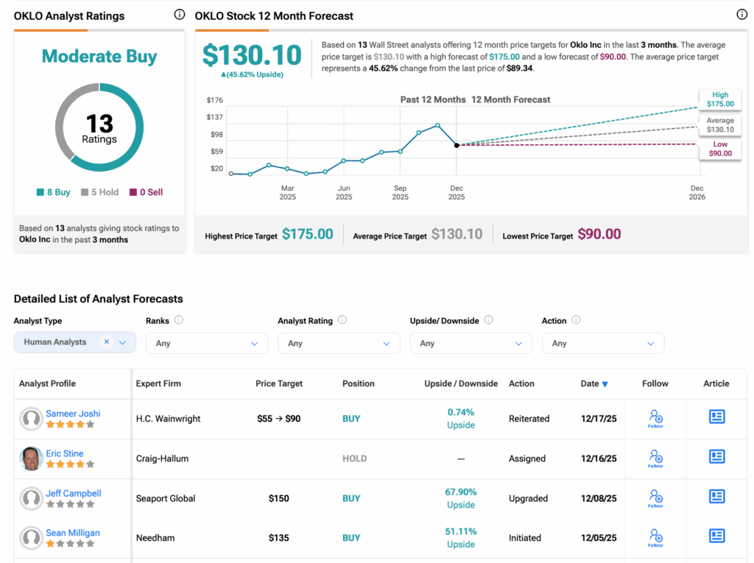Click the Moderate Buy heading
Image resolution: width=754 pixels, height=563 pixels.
click(99, 56)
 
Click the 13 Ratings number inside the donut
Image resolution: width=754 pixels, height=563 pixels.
click(99, 123)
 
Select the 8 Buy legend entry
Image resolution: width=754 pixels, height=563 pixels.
click(53, 192)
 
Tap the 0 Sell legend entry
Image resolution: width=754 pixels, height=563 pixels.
click(146, 192)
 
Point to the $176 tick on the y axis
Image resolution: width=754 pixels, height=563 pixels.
click(215, 100)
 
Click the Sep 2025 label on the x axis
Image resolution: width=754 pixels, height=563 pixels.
click(400, 192)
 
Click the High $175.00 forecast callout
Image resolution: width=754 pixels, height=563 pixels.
click(719, 99)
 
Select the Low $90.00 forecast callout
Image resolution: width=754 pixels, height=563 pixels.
click(719, 149)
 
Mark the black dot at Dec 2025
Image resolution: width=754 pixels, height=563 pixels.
click(457, 145)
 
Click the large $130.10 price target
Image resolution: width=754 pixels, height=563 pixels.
click(252, 56)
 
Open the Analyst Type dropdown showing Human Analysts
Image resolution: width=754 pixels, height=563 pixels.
click(74, 342)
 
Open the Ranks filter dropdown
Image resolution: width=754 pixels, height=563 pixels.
click(207, 343)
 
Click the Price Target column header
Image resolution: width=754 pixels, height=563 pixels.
click(279, 383)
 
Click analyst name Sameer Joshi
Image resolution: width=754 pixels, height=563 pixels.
click(73, 414)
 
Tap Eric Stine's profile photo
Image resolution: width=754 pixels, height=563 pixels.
click(31, 458)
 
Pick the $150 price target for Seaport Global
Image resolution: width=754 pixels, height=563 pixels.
click(279, 498)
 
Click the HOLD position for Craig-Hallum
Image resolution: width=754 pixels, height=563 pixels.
click(354, 458)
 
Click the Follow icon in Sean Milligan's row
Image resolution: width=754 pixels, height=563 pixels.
click(655, 537)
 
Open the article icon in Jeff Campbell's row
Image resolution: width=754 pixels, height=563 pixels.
click(716, 497)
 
